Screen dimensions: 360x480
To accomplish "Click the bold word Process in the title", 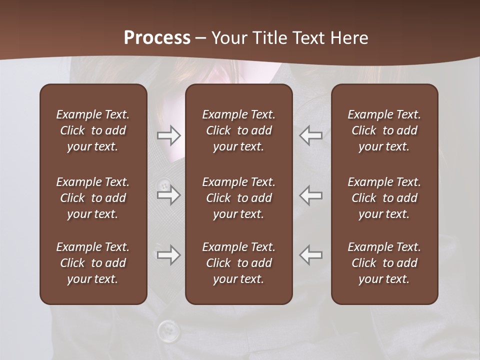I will (x=157, y=38).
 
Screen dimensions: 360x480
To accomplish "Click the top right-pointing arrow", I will (x=168, y=135).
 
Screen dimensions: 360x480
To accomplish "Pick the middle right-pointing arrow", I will (x=168, y=194).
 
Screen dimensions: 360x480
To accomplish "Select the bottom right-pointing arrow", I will (x=168, y=255).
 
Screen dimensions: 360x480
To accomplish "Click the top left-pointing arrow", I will (x=311, y=135).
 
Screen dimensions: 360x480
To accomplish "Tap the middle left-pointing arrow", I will (x=311, y=194).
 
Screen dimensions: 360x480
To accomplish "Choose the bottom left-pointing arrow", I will (x=311, y=255).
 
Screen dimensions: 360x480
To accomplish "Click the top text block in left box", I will (x=93, y=130).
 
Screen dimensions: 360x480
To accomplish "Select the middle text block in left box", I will (x=93, y=198).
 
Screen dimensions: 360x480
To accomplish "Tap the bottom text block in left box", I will (x=93, y=263).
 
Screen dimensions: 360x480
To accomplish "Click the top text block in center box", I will (x=238, y=130).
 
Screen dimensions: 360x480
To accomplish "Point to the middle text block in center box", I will (x=238, y=198).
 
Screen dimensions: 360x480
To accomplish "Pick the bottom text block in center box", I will (x=238, y=263).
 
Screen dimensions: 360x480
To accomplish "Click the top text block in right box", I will (x=384, y=130).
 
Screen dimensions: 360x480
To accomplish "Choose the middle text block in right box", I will (x=384, y=198).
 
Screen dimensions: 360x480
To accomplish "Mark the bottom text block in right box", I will (x=384, y=263).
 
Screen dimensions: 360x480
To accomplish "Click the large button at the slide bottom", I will (x=168, y=330).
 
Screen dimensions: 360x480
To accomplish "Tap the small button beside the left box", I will (x=163, y=186).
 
